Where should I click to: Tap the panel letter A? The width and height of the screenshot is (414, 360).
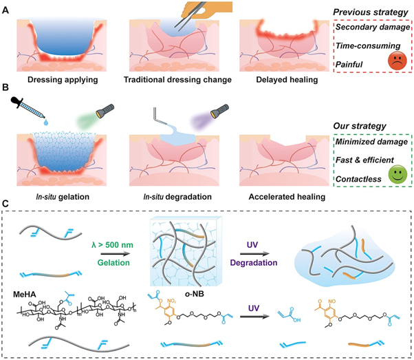click(x=7, y=8)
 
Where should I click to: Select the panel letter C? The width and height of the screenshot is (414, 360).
click(x=7, y=204)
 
